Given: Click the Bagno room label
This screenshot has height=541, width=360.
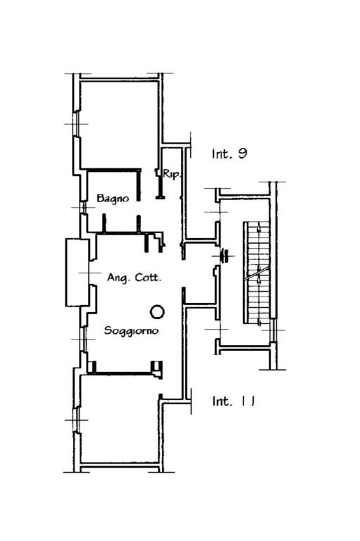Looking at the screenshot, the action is click(x=113, y=199).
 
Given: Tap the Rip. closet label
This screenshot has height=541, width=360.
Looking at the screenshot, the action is click(x=171, y=174).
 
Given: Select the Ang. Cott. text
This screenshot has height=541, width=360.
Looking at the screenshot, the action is click(x=134, y=278).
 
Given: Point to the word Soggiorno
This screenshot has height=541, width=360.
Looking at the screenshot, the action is click(x=132, y=330).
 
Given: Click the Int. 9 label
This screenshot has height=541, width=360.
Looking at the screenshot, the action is click(x=230, y=154).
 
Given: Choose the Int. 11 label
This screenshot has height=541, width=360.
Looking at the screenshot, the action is click(x=233, y=401).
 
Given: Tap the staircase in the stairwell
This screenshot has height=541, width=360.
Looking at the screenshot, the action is click(x=256, y=273).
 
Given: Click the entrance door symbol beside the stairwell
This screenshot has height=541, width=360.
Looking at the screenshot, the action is click(x=224, y=256).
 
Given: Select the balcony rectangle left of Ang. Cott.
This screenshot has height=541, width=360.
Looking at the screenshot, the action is click(x=77, y=273).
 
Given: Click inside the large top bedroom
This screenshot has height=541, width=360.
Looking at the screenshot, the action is click(x=119, y=124).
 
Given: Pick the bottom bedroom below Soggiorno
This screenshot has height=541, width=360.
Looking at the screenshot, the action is click(x=119, y=419).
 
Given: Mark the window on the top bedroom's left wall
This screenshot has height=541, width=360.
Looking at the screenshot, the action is click(x=77, y=124).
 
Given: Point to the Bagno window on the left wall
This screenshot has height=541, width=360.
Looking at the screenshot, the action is click(x=83, y=207).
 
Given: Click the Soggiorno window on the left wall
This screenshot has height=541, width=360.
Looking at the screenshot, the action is click(x=83, y=339).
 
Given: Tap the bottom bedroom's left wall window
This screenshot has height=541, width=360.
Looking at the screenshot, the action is click(x=77, y=420).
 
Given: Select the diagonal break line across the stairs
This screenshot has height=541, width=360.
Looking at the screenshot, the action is click(x=256, y=273).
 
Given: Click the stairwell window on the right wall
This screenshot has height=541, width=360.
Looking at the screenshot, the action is click(x=273, y=330).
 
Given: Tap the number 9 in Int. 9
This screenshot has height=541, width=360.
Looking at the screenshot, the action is click(x=242, y=154).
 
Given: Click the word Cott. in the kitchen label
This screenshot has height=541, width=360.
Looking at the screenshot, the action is click(x=148, y=278).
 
